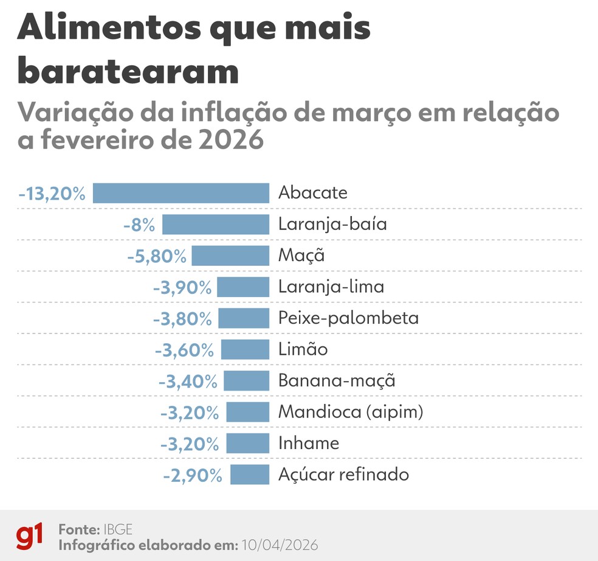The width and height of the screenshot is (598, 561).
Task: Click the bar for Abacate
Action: [x=180, y=193]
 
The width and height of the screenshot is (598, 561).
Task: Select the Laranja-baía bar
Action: [x=215, y=225]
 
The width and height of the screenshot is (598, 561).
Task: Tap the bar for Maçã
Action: [x=230, y=256]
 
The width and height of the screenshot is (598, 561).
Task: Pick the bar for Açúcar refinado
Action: [x=249, y=474]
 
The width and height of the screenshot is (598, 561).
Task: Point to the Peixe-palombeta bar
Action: [x=243, y=318]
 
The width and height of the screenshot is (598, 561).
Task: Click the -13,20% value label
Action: [x=52, y=193]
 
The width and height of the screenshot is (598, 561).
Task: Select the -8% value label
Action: [x=139, y=225]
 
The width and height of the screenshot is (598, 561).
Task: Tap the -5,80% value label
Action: [x=156, y=256]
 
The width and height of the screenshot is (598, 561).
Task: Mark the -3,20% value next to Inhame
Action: [x=189, y=444]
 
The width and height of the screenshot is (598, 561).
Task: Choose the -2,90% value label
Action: [x=192, y=475]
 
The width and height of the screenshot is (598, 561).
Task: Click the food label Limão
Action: [x=303, y=349]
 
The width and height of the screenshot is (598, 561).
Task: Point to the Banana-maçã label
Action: [x=337, y=381]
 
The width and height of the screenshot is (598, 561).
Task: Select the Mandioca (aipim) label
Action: [x=350, y=412]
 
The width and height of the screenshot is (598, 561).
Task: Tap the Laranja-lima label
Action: [x=331, y=287]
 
